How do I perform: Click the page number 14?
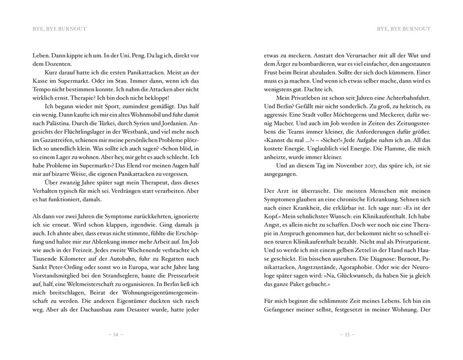tap(116, 335)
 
